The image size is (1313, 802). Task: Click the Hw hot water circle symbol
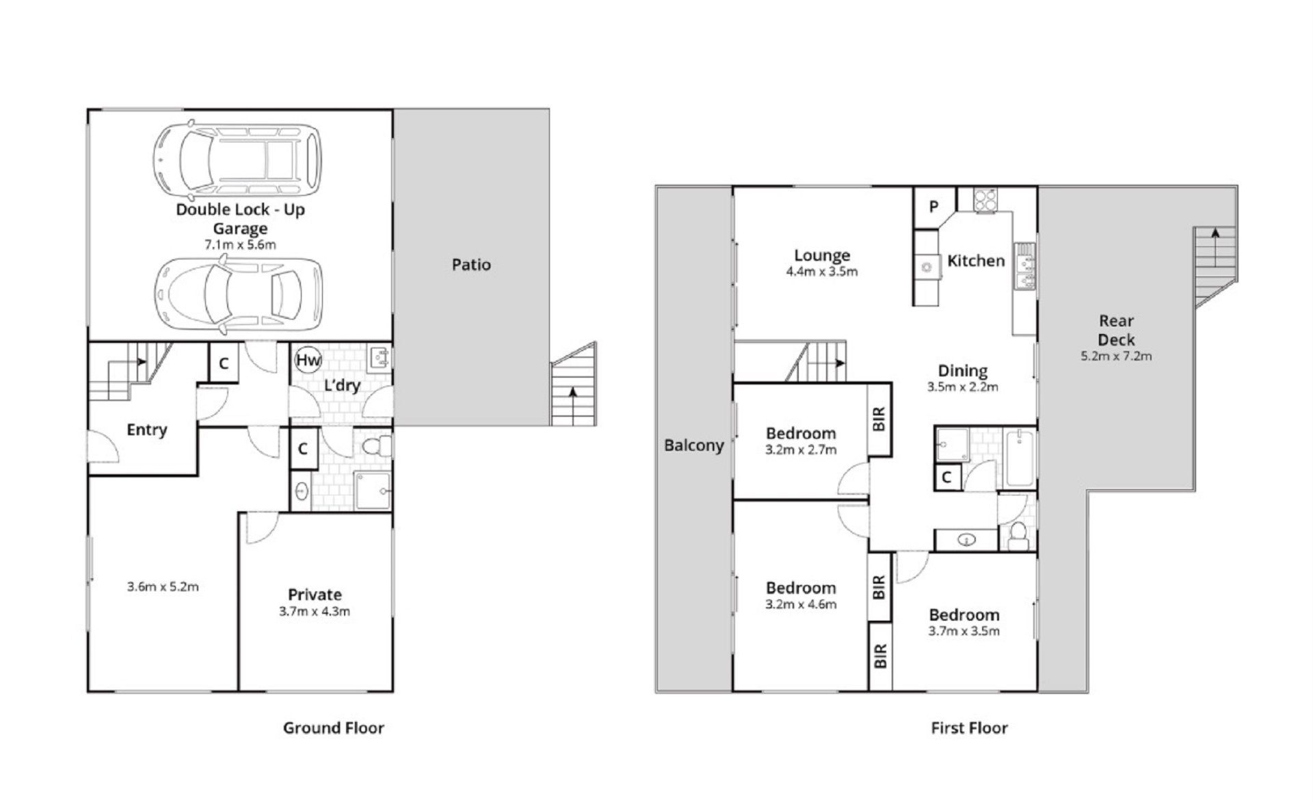[307, 360]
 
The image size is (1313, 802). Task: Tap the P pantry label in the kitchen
[933, 207]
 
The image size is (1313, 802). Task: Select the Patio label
[471, 265]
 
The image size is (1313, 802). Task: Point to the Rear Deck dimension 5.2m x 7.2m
[1116, 356]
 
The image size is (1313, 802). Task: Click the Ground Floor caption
[334, 728]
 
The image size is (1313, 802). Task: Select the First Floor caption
[969, 728]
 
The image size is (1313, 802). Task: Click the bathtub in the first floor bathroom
[1020, 458]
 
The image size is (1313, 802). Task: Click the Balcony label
[693, 445]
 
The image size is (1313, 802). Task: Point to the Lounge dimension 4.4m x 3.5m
[822, 272]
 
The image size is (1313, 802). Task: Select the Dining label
[962, 371]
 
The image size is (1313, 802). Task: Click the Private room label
[315, 595]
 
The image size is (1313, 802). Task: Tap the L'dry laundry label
[342, 385]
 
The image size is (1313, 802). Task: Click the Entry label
[147, 430]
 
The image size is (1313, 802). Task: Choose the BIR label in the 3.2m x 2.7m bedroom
[879, 419]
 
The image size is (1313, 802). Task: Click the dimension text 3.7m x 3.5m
[964, 631]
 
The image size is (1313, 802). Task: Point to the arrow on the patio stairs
[572, 406]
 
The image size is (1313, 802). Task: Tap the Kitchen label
[976, 261]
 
